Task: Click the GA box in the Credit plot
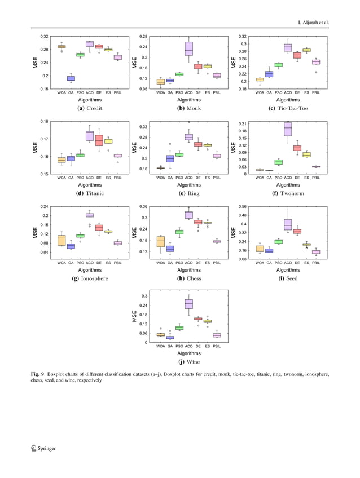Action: tap(71, 79)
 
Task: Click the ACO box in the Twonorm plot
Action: tap(288, 130)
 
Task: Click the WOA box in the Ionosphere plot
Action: tap(62, 240)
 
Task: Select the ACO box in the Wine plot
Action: tap(188, 304)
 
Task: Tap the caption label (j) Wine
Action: tap(188, 362)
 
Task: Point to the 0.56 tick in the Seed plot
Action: tap(243, 206)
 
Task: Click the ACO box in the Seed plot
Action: tap(288, 224)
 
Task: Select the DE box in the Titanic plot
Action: tap(99, 140)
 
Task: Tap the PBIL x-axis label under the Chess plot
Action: tap(216, 263)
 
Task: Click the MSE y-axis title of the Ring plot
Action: tap(134, 147)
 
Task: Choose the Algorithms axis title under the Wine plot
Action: tap(188, 353)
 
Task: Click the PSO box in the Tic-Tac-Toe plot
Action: tap(278, 65)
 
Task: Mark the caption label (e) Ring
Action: tap(188, 193)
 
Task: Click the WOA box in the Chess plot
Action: tap(161, 242)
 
